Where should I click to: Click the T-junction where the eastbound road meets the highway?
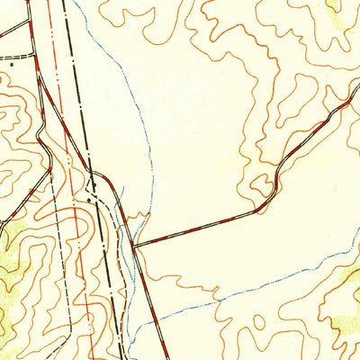point(134,245)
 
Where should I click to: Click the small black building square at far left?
point(12,65)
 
